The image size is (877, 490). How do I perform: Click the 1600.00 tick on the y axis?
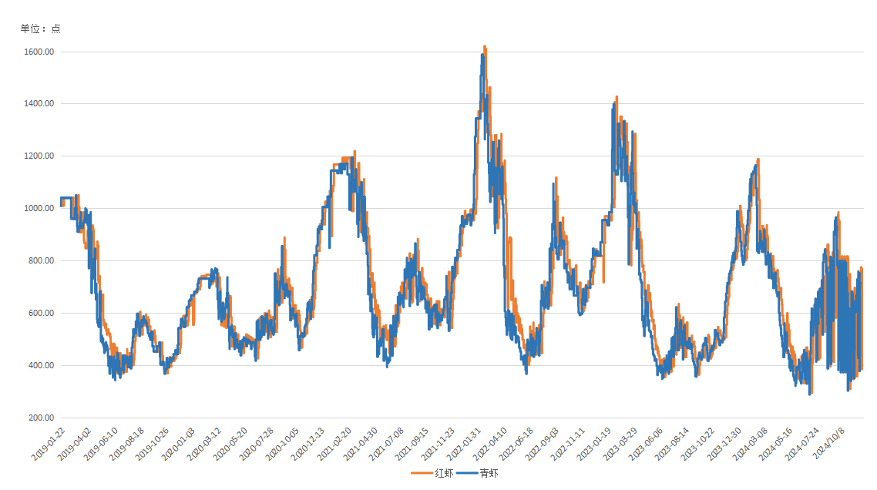[38, 52]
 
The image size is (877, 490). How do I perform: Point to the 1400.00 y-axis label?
[38, 104]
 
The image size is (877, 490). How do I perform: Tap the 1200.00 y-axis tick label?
[38, 156]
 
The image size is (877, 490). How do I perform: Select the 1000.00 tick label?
[38, 209]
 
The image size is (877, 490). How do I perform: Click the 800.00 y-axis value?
[40, 261]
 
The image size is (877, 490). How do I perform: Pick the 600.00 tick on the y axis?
[40, 314]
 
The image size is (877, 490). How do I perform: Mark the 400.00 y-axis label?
[40, 366]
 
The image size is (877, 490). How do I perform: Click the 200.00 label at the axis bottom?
[40, 418]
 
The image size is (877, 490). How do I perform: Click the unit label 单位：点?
[40, 29]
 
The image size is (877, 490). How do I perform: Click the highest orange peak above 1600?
[484, 47]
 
